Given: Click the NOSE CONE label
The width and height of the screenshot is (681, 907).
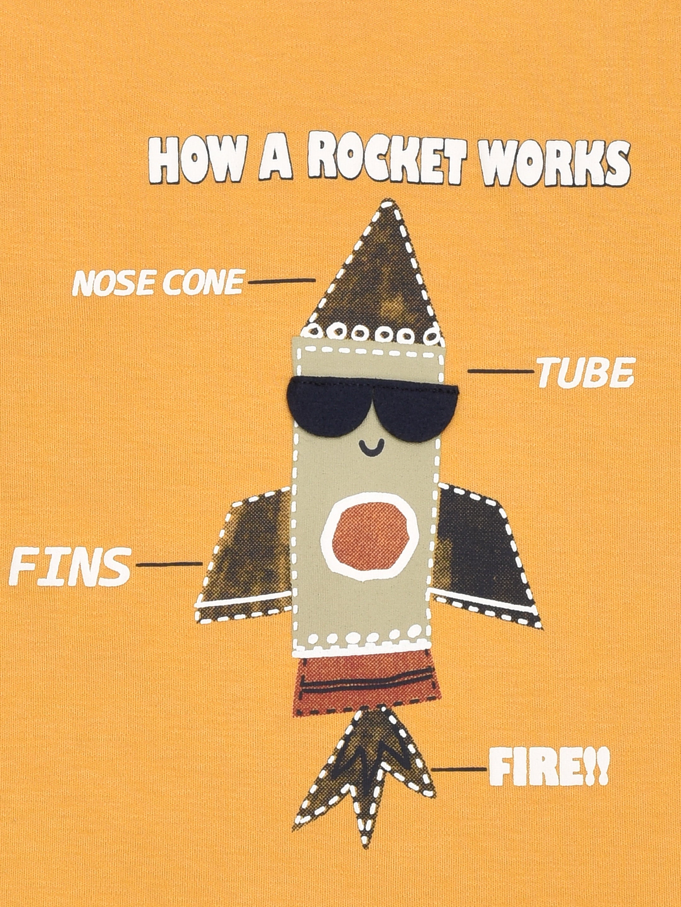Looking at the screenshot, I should coord(158,282).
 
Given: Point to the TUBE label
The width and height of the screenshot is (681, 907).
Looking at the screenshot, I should coord(585,374).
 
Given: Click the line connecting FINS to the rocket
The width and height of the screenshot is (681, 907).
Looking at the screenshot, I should coord(169,565).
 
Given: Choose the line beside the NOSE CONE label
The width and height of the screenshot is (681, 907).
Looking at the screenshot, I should coord(282,281).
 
